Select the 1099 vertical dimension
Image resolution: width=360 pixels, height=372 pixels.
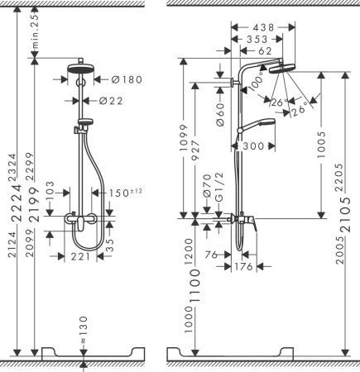coord(185,141)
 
